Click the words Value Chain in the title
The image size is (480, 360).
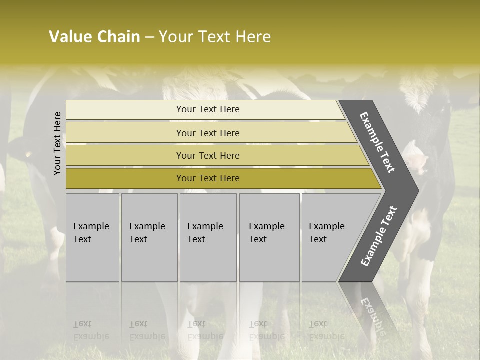(94, 37)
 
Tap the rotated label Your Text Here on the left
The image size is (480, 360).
(58, 143)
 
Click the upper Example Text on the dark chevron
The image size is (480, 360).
(378, 142)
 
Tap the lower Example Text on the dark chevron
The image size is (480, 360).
(379, 236)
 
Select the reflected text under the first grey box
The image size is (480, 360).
(91, 330)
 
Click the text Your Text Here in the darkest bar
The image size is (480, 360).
(208, 178)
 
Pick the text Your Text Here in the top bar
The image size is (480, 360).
(208, 109)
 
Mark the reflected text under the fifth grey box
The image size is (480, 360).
(326, 330)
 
